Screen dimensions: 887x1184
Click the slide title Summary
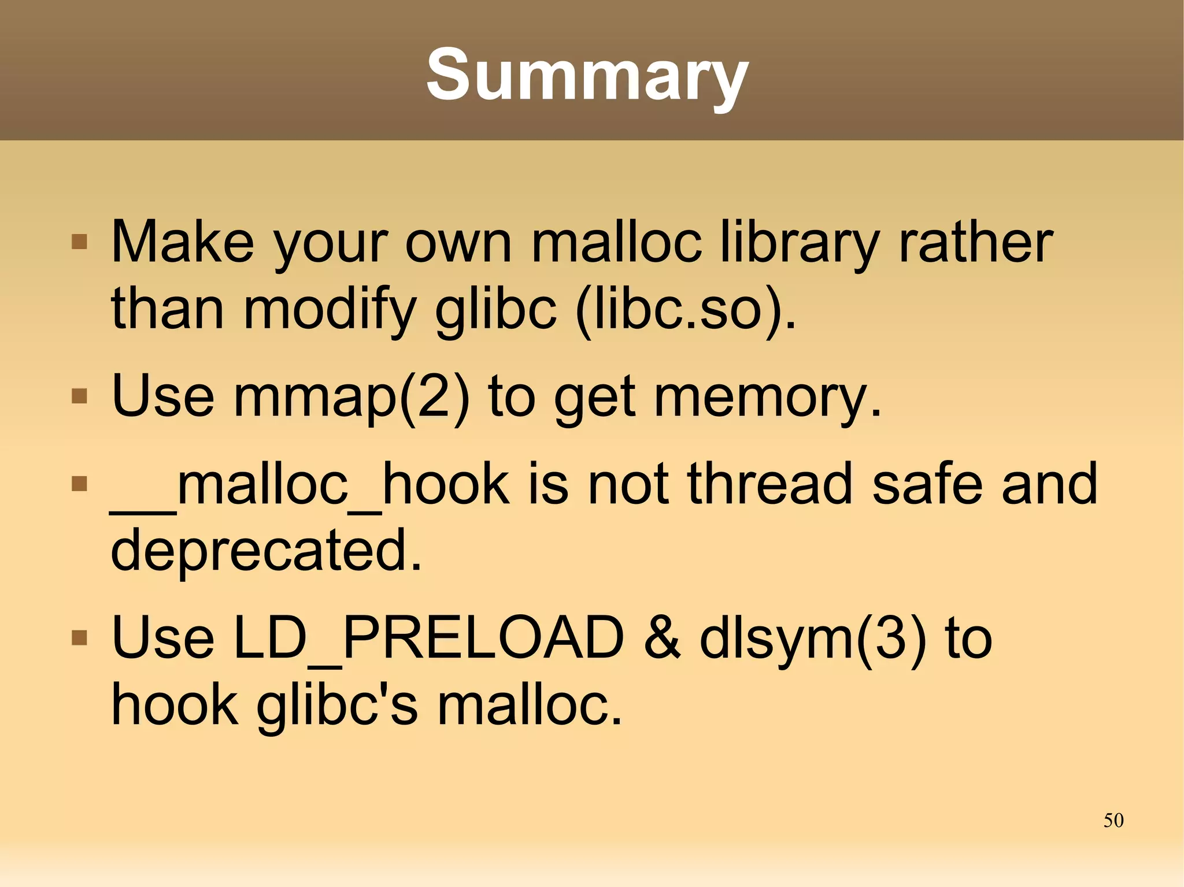[x=587, y=75]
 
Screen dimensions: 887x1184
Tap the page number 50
[x=1113, y=820]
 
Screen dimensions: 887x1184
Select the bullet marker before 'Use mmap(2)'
[x=79, y=396]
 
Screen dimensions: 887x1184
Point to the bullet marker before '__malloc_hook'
[x=79, y=483]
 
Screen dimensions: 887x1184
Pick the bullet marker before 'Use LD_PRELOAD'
[x=79, y=637]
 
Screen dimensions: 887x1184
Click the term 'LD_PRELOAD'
[x=428, y=639]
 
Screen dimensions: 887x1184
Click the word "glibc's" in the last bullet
[x=336, y=706]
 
